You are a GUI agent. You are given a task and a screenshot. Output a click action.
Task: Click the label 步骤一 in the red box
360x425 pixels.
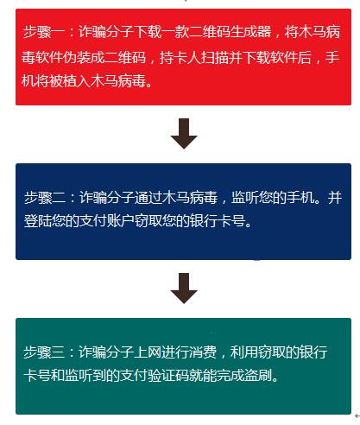44,32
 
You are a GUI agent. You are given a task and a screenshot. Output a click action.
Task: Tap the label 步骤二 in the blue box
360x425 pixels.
45,198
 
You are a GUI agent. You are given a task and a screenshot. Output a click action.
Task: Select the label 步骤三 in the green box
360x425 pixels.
44,352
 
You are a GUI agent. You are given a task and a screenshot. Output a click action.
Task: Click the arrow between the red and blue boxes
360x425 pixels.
184,133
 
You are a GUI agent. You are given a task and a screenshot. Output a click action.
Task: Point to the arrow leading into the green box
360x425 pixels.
184,289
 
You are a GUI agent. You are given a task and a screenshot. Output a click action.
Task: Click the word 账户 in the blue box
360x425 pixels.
121,221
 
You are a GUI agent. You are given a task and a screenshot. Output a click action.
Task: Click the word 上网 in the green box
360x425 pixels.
148,352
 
